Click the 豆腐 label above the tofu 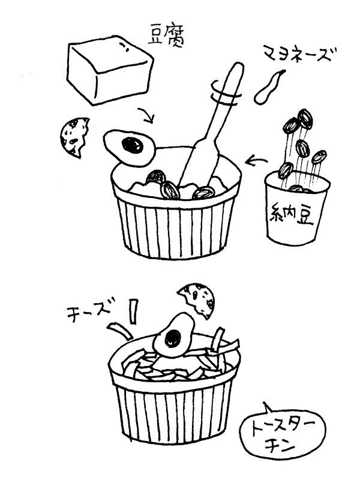click(x=166, y=36)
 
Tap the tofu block click(x=110, y=70)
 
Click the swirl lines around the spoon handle click(x=225, y=94)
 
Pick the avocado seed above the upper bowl click(x=132, y=145)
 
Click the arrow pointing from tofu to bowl click(x=146, y=115)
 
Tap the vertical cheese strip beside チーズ click(x=133, y=311)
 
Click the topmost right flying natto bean click(x=305, y=119)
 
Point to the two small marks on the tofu click(x=124, y=47)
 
